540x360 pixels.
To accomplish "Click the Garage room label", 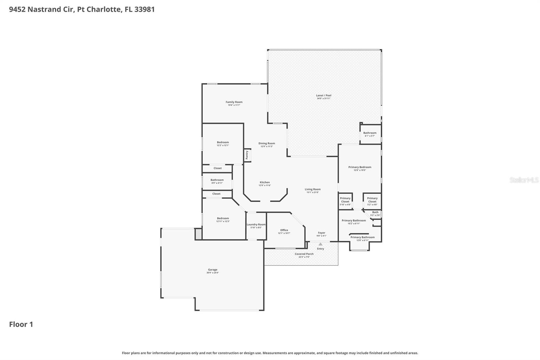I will (x=213, y=270).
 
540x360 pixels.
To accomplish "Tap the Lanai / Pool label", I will (x=324, y=96).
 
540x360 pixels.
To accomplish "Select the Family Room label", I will (x=234, y=102).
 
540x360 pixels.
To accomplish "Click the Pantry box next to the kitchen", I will (x=247, y=155).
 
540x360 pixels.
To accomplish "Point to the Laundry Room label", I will (x=256, y=225).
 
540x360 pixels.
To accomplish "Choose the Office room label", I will (x=284, y=230).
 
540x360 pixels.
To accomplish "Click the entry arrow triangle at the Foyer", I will (x=320, y=244).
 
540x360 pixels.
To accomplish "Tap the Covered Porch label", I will (x=304, y=254).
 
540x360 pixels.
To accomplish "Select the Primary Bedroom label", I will (x=360, y=167).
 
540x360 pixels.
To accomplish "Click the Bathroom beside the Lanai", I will (x=370, y=133).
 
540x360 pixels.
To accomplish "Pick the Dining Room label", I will (x=267, y=144).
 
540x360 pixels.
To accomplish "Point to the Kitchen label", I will (x=265, y=182).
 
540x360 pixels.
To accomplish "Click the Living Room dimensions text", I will (x=313, y=192).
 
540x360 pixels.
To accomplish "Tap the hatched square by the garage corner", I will (x=198, y=234).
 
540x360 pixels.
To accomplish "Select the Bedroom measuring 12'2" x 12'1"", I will (x=223, y=143).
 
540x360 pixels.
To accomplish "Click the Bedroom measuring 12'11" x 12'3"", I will (x=223, y=218).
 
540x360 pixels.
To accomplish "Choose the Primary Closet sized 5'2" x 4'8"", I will (x=372, y=200).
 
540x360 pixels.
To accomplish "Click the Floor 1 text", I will (x=21, y=324).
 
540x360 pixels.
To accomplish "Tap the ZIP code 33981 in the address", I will (x=144, y=9).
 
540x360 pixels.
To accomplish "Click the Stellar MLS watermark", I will (x=524, y=180).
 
